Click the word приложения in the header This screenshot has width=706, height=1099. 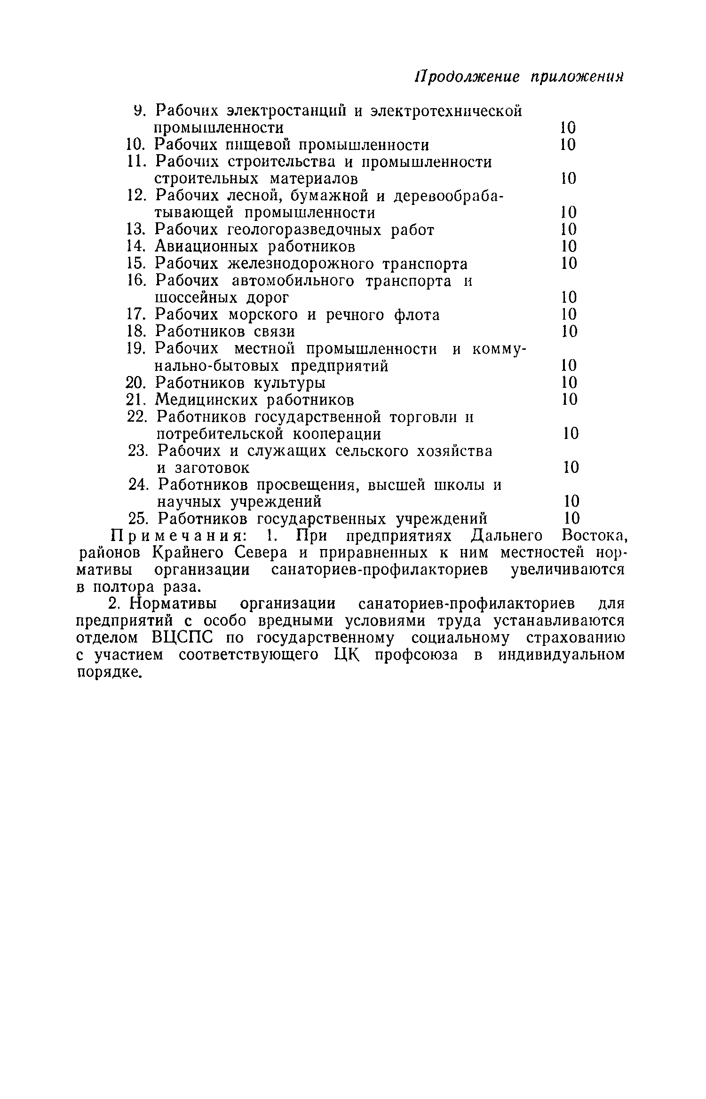coord(577,77)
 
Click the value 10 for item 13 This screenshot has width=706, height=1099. coord(569,229)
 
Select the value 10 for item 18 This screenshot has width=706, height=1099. coord(569,331)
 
